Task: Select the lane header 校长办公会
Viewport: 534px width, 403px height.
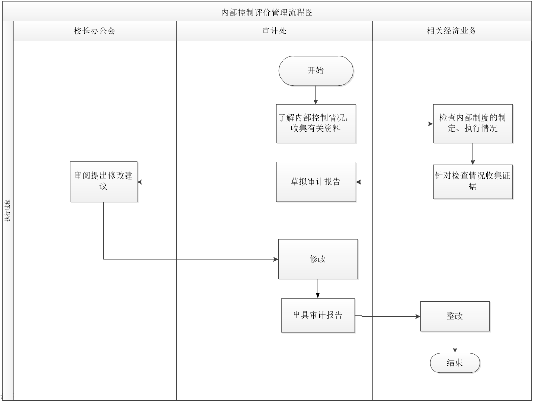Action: coord(94,31)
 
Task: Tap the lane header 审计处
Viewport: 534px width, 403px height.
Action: coord(274,31)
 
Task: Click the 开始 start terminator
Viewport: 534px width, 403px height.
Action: coord(316,71)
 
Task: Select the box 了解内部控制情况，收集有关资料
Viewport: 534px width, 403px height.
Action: coord(316,124)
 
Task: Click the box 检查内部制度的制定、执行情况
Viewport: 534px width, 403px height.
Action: coord(473,124)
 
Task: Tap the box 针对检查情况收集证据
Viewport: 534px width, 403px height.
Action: coord(473,182)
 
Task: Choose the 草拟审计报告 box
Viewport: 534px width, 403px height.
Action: coord(316,182)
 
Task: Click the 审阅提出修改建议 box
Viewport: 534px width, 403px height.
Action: coord(103,182)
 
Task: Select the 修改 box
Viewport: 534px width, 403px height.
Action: coord(318,259)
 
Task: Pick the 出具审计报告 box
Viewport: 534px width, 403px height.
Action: coord(318,315)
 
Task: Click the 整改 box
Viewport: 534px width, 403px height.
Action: coord(455,316)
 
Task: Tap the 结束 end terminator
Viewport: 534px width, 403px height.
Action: coord(455,363)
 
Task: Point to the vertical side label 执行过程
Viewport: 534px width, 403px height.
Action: coord(7,209)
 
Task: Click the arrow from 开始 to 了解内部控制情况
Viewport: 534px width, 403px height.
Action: coord(316,95)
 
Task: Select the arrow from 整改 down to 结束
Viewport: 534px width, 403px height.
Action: coord(455,342)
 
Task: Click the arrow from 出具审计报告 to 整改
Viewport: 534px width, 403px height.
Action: coord(388,316)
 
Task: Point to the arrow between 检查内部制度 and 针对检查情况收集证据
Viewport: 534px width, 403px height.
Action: coord(473,154)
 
